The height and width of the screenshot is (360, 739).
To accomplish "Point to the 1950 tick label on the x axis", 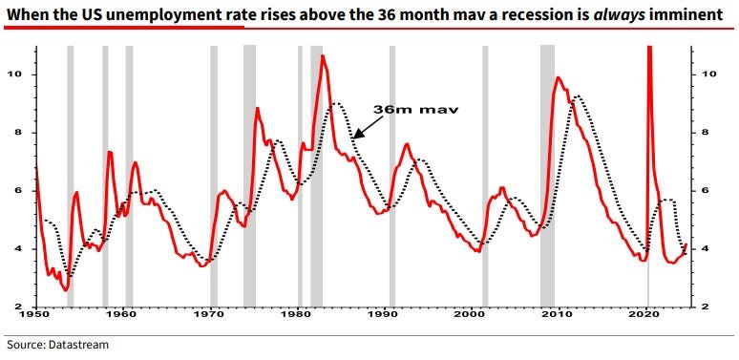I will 34,313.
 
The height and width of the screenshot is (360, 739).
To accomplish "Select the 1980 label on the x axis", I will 298,313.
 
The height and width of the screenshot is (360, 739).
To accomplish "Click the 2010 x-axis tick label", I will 560,313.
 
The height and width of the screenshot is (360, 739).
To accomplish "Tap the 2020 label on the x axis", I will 648,313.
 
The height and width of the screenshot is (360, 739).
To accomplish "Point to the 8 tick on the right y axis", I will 706,133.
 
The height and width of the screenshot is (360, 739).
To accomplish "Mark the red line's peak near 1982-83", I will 323,56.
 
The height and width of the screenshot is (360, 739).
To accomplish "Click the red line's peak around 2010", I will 559,78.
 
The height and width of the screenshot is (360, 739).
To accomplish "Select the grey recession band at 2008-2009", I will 547,176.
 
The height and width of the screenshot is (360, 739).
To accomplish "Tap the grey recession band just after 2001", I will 485,176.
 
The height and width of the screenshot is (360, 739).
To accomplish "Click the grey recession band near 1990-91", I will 391,176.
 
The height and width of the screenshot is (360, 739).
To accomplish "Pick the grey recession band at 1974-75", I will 249,176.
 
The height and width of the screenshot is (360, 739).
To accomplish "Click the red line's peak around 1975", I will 257,109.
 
